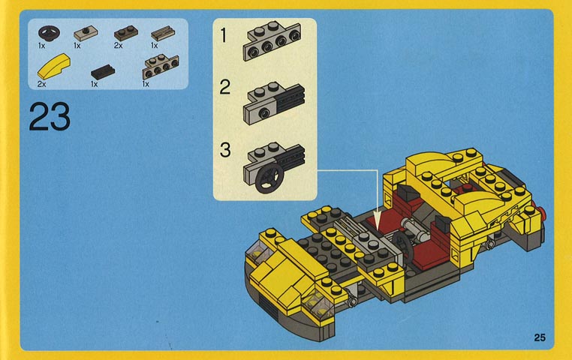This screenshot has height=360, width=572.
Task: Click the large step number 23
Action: click(50, 116)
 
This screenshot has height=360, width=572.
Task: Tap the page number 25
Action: click(540, 337)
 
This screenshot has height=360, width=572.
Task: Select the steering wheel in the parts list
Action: click(50, 33)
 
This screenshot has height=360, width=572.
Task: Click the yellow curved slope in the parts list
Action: click(53, 67)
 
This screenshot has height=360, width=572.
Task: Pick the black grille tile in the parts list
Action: click(103, 72)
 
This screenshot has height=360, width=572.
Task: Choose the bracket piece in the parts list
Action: click(161, 66)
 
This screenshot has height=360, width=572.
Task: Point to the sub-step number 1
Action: click(224, 36)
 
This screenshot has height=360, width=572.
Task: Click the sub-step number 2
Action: click(224, 88)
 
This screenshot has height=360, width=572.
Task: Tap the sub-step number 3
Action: click(225, 150)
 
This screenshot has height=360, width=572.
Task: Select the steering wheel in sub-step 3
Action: click(269, 178)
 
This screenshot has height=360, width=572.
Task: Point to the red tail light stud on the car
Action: click(543, 212)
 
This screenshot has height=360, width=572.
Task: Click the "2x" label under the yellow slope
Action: click(41, 84)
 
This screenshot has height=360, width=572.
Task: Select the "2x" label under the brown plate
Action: click(118, 46)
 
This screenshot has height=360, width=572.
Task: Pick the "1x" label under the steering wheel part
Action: click(41, 46)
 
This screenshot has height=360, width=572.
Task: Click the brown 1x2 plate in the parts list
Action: click(126, 33)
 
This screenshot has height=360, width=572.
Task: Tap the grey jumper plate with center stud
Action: click(86, 34)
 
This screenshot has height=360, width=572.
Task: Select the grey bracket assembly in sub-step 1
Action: click(272, 41)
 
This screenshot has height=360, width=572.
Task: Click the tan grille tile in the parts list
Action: click(163, 33)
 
